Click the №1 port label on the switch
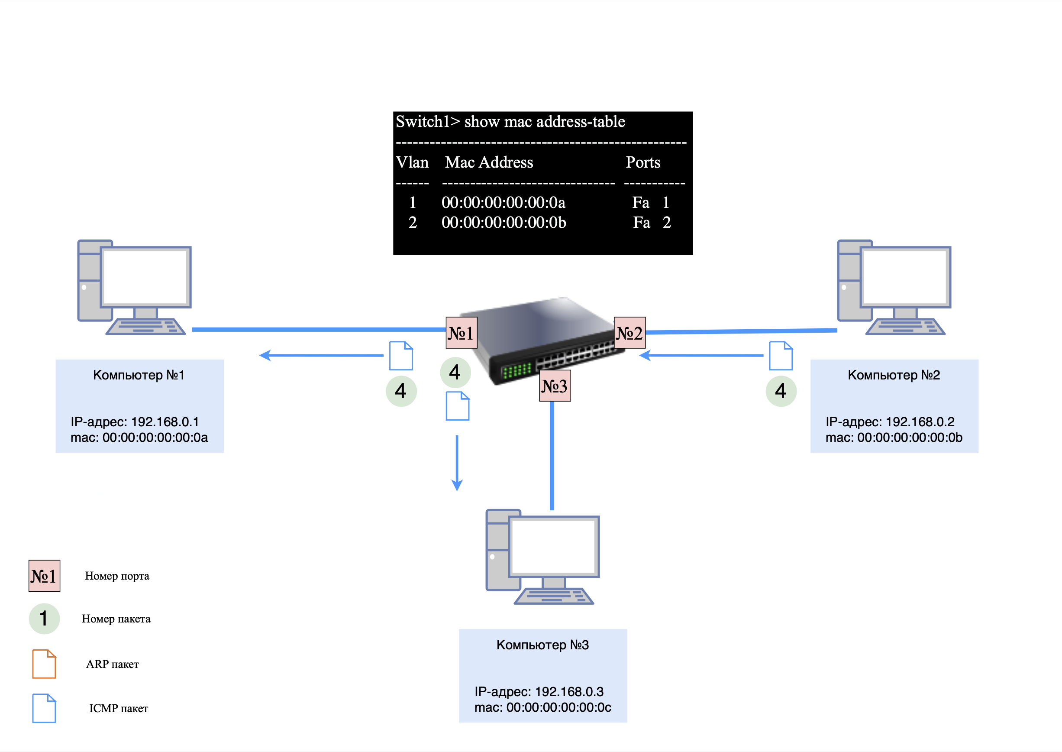[461, 333]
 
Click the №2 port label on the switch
[629, 333]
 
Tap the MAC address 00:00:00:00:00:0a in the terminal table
[503, 202]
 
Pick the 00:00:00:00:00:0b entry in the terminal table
[504, 223]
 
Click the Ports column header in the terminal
[643, 162]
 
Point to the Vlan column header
[412, 162]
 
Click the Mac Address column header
[489, 162]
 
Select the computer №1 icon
[134, 287]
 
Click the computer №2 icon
[894, 287]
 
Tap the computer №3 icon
[542, 557]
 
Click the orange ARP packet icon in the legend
[44, 664]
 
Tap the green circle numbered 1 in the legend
[44, 618]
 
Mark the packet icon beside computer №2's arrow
[781, 356]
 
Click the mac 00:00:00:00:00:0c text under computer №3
[542, 707]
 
